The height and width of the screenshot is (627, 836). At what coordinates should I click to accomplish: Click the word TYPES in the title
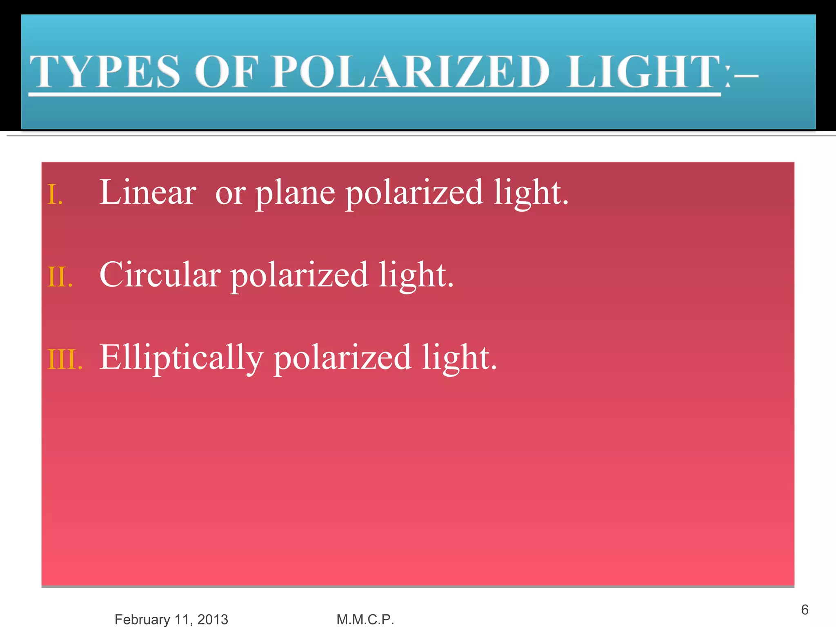(105, 72)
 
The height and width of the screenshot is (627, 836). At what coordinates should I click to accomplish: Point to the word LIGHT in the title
(644, 72)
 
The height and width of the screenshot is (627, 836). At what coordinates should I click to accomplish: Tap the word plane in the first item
(296, 194)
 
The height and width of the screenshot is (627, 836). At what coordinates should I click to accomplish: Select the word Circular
(160, 275)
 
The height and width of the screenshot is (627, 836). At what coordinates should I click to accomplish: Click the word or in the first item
(230, 194)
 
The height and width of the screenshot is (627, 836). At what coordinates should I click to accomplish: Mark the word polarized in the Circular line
(300, 276)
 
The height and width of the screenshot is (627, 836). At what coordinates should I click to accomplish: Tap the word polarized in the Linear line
(414, 194)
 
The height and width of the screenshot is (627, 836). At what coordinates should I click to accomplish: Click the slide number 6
(805, 609)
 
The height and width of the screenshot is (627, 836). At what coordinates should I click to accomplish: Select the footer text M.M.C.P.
(365, 619)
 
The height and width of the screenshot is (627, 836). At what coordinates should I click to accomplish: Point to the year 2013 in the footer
(213, 619)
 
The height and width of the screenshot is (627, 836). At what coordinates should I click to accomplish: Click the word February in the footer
(142, 619)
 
